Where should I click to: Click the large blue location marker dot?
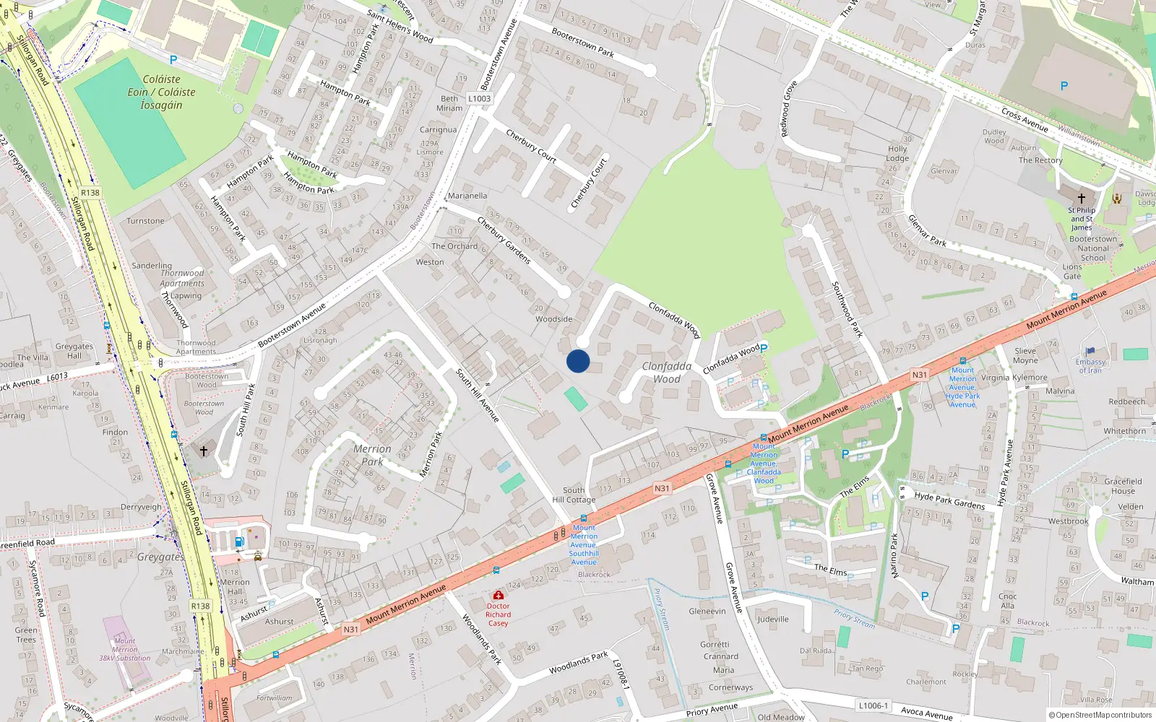click(578, 361)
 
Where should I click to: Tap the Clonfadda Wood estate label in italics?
click(666, 373)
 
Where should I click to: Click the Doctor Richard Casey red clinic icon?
click(498, 595)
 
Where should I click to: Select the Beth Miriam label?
click(449, 103)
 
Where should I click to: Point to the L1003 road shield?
click(479, 99)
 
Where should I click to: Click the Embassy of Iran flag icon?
click(1090, 352)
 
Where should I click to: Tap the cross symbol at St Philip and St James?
click(1082, 198)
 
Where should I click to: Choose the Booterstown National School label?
click(1092, 248)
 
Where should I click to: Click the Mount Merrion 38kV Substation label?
click(124, 649)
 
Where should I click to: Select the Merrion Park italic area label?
click(372, 455)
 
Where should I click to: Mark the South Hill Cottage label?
click(574, 495)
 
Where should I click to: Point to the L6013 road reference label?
click(57, 377)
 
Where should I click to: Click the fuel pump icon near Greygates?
click(239, 541)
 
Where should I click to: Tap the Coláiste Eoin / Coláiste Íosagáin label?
click(161, 92)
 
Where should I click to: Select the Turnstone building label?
click(145, 221)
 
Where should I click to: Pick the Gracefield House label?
click(1123, 486)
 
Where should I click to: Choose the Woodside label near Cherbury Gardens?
click(553, 319)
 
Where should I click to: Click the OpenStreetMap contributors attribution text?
click(1100, 715)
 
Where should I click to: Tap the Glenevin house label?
click(707, 611)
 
